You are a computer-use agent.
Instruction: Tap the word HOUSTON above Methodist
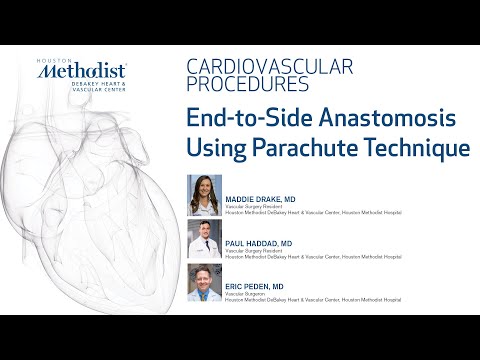coord(52,59)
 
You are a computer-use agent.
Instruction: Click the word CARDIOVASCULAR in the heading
coord(270,68)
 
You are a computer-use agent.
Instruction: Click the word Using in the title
coord(214,149)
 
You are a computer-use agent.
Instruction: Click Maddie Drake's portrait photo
coord(205,194)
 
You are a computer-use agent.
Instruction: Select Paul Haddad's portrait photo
coord(205,239)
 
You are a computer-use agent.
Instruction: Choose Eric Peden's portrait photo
coord(205,284)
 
